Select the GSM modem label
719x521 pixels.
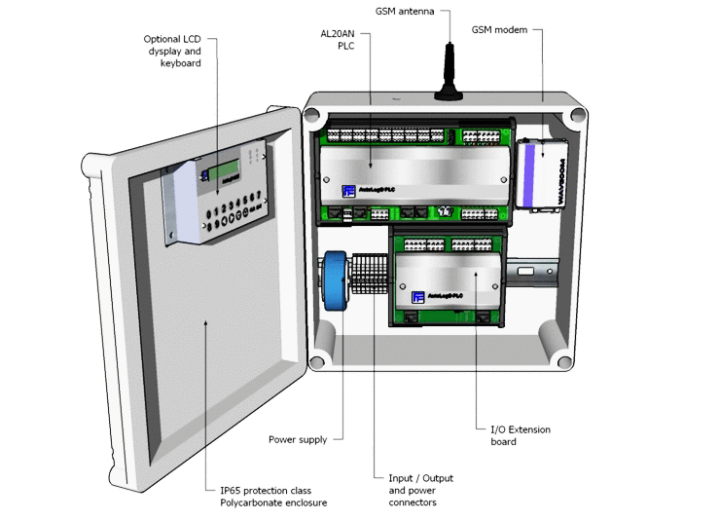coord(499,30)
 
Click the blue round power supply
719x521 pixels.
coord(334,283)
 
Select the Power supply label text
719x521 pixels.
coord(298,440)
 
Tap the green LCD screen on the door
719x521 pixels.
coord(228,169)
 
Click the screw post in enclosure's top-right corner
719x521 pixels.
coord(575,115)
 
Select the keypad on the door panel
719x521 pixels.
coord(228,210)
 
